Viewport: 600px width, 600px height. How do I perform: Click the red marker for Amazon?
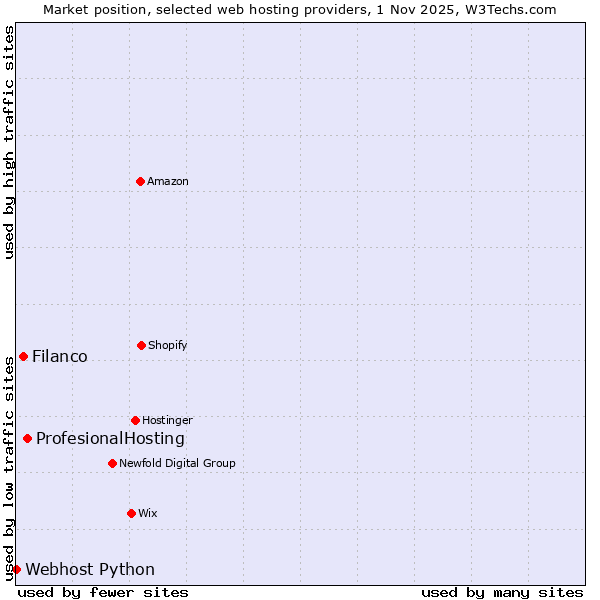pyautogui.click(x=140, y=181)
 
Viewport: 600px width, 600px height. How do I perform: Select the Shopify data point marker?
pyautogui.click(x=141, y=345)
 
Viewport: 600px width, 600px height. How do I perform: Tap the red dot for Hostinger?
pyautogui.click(x=135, y=420)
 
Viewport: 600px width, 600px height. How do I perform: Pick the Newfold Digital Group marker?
pyautogui.click(x=112, y=463)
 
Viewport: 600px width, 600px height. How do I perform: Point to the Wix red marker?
pyautogui.click(x=131, y=513)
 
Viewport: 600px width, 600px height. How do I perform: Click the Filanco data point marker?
pyautogui.click(x=23, y=356)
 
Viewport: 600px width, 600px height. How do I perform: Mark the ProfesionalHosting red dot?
pyautogui.click(x=27, y=438)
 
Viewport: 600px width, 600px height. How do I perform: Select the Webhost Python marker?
pyautogui.click(x=16, y=569)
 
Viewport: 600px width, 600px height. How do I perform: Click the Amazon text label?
pyautogui.click(x=168, y=181)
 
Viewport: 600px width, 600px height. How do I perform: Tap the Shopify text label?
pyautogui.click(x=168, y=345)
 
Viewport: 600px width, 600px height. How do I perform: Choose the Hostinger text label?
pyautogui.click(x=167, y=420)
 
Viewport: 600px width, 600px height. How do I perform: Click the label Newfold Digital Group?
pyautogui.click(x=177, y=463)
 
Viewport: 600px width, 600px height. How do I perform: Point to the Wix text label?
pyautogui.click(x=148, y=513)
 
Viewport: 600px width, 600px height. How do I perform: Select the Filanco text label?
pyautogui.click(x=60, y=356)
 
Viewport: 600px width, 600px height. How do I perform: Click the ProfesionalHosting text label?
pyautogui.click(x=110, y=438)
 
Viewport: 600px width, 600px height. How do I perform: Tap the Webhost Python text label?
pyautogui.click(x=90, y=569)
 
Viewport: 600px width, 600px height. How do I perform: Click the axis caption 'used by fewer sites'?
pyautogui.click(x=103, y=592)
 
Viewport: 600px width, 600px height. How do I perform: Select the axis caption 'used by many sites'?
pyautogui.click(x=502, y=592)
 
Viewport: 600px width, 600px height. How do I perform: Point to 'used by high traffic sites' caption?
pyautogui.click(x=9, y=142)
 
